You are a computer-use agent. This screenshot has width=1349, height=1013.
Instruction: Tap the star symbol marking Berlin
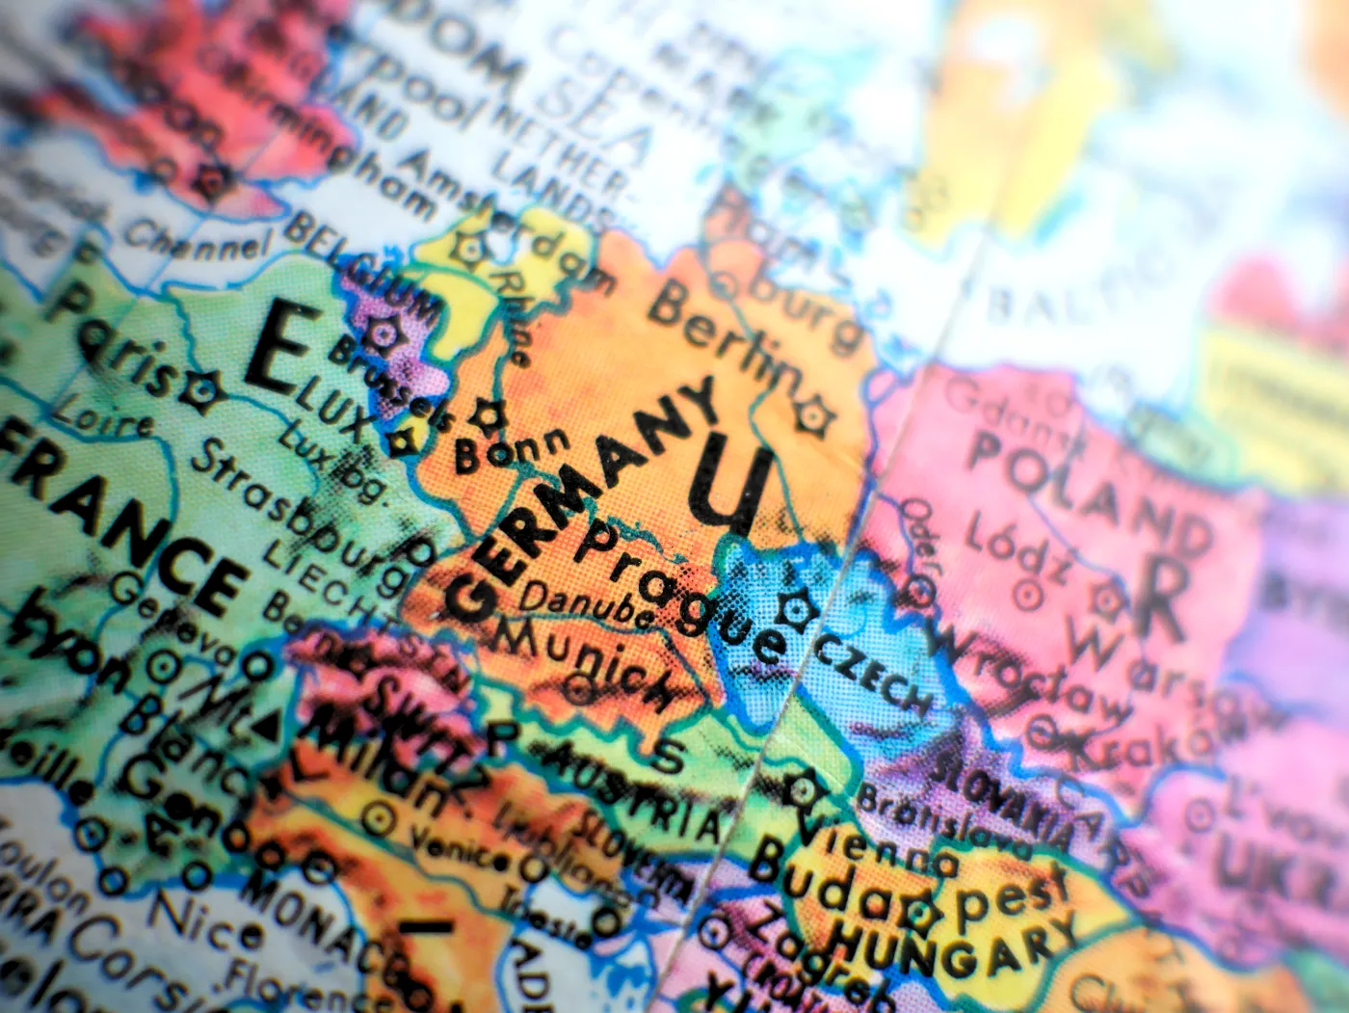(x=811, y=414)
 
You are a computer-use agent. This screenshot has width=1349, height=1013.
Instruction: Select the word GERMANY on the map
(x=582, y=500)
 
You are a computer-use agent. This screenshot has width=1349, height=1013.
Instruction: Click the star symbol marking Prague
(x=797, y=608)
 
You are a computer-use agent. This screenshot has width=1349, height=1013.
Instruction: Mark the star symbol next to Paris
(x=203, y=388)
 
